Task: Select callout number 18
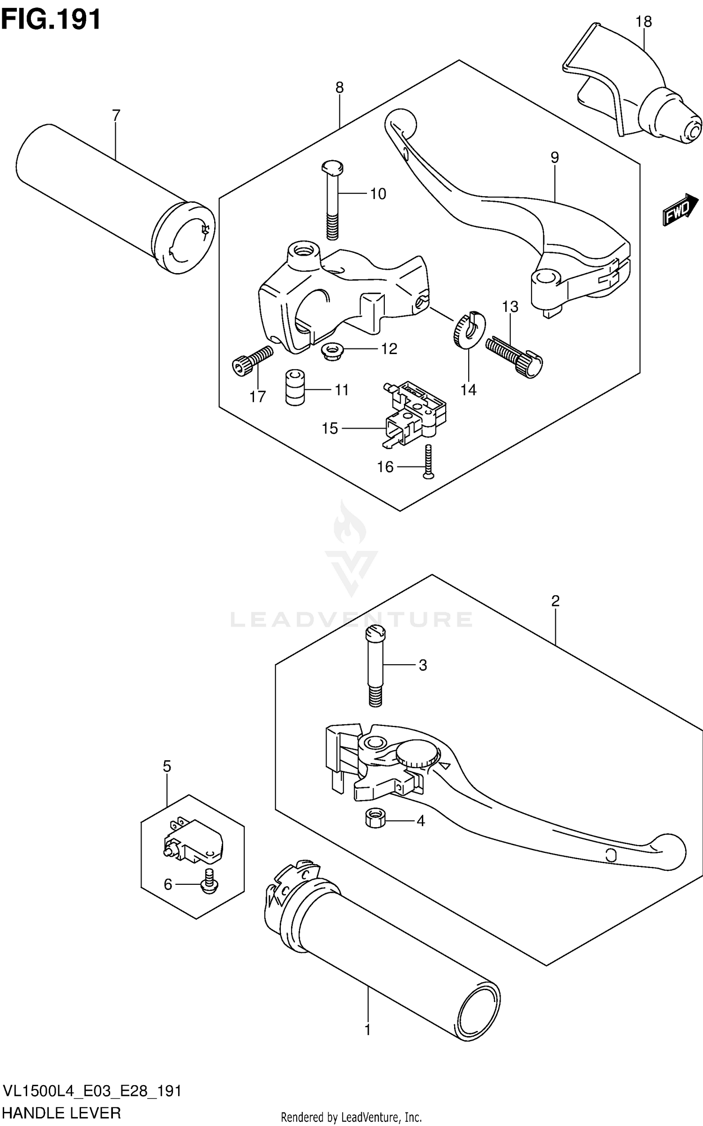point(643,22)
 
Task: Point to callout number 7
point(116,115)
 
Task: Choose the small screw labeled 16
point(428,462)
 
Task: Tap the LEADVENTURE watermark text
point(351,619)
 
